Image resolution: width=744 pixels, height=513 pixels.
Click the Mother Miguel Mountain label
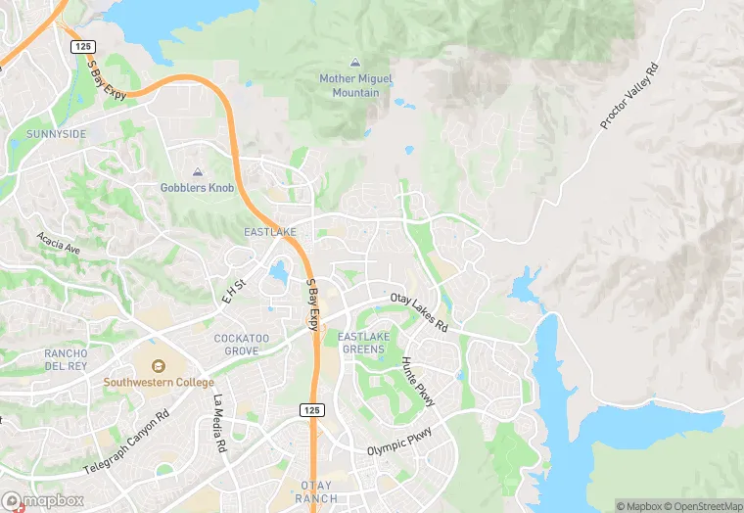(349, 85)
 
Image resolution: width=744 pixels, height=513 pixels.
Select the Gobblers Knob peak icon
(197, 171)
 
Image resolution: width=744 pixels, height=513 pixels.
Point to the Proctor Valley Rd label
(629, 98)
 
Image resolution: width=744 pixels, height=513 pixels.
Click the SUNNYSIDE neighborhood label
(57, 133)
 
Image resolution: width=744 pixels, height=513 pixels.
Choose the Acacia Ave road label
(59, 243)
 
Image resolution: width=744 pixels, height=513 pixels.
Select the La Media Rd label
(221, 423)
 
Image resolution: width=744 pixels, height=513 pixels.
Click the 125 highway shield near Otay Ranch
(311, 408)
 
